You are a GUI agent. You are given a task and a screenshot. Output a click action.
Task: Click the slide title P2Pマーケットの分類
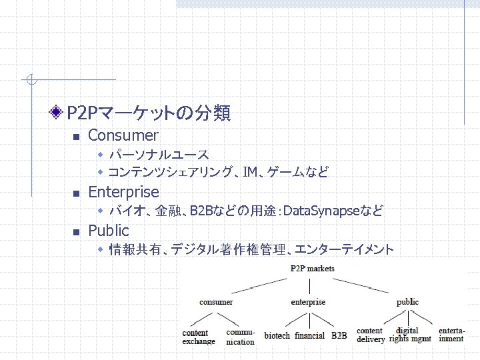coord(149,114)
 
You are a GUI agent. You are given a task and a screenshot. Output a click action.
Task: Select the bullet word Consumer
coord(123,136)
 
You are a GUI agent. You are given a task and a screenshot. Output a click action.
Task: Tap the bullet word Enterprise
coord(123,193)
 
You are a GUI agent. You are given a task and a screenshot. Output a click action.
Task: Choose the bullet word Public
coord(108,231)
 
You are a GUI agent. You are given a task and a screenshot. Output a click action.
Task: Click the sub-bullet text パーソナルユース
coord(159,155)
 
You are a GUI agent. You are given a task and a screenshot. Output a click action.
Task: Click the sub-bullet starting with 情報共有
coord(251,250)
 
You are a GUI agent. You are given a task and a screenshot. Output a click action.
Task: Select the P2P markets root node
coord(312,269)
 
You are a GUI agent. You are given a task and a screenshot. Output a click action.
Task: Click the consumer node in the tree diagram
coord(216,302)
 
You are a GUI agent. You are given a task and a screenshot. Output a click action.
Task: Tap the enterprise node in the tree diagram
coord(308,302)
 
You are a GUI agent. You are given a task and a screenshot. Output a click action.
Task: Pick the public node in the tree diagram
coord(407,302)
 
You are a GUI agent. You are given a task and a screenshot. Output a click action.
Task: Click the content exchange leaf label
coord(199,337)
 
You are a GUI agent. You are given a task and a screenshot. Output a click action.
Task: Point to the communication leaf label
coord(240,337)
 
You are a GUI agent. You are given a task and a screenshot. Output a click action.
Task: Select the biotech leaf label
coord(277,336)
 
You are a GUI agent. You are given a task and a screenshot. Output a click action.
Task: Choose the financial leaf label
coord(309,336)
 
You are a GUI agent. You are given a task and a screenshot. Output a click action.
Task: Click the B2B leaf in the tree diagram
coord(339,336)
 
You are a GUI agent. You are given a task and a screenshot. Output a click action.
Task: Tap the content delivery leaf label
coord(371,335)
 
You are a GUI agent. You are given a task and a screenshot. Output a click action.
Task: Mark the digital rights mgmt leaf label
coord(409,335)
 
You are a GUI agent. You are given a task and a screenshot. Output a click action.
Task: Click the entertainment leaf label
coord(451,335)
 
